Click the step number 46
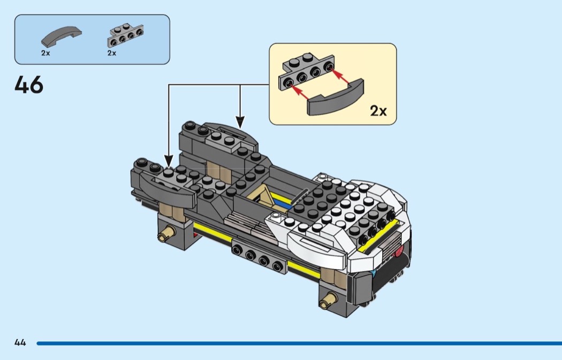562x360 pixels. (x=29, y=85)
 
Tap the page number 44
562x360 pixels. (x=20, y=342)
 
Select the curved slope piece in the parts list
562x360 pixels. (x=62, y=36)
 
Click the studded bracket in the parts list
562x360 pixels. (x=125, y=35)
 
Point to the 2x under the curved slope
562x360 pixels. (x=45, y=53)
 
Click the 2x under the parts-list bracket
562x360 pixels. (x=112, y=53)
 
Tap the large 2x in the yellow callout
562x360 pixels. (x=378, y=111)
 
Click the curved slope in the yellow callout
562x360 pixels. (x=336, y=99)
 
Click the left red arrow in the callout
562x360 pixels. (x=301, y=92)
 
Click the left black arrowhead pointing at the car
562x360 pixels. (x=169, y=161)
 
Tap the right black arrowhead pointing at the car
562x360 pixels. (x=240, y=122)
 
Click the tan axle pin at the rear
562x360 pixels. (x=166, y=234)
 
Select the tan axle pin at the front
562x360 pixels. (x=328, y=299)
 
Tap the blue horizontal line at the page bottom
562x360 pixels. (x=299, y=343)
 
